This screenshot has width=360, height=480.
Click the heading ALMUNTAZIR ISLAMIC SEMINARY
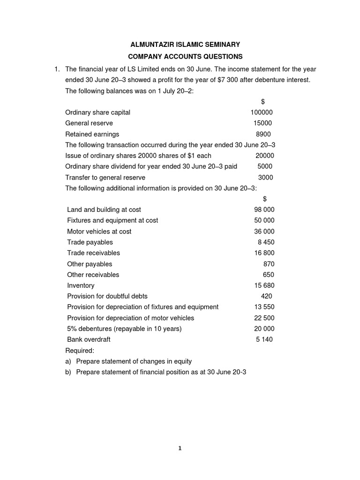point(185,45)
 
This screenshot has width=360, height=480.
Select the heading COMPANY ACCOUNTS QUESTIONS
point(185,57)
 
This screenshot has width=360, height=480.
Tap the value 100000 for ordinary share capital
point(261,112)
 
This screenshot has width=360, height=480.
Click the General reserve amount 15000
point(262,123)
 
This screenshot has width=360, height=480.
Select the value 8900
point(263,134)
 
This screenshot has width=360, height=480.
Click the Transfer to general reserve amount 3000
point(265,178)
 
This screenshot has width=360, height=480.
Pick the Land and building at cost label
point(104,210)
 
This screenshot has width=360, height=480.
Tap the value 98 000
point(264,210)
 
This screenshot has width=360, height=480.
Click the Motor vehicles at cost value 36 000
point(264,232)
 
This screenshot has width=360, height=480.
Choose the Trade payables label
point(90,242)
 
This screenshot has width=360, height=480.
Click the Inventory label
point(81,285)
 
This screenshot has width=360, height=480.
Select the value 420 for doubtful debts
point(266,296)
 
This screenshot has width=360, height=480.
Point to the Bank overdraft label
point(89,339)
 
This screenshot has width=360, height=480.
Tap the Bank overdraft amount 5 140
point(264,339)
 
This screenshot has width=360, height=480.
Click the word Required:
point(80,351)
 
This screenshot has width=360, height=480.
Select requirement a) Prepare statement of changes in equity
point(128,361)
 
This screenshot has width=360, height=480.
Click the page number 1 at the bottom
point(180,448)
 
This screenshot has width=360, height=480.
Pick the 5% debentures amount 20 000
point(264,329)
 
